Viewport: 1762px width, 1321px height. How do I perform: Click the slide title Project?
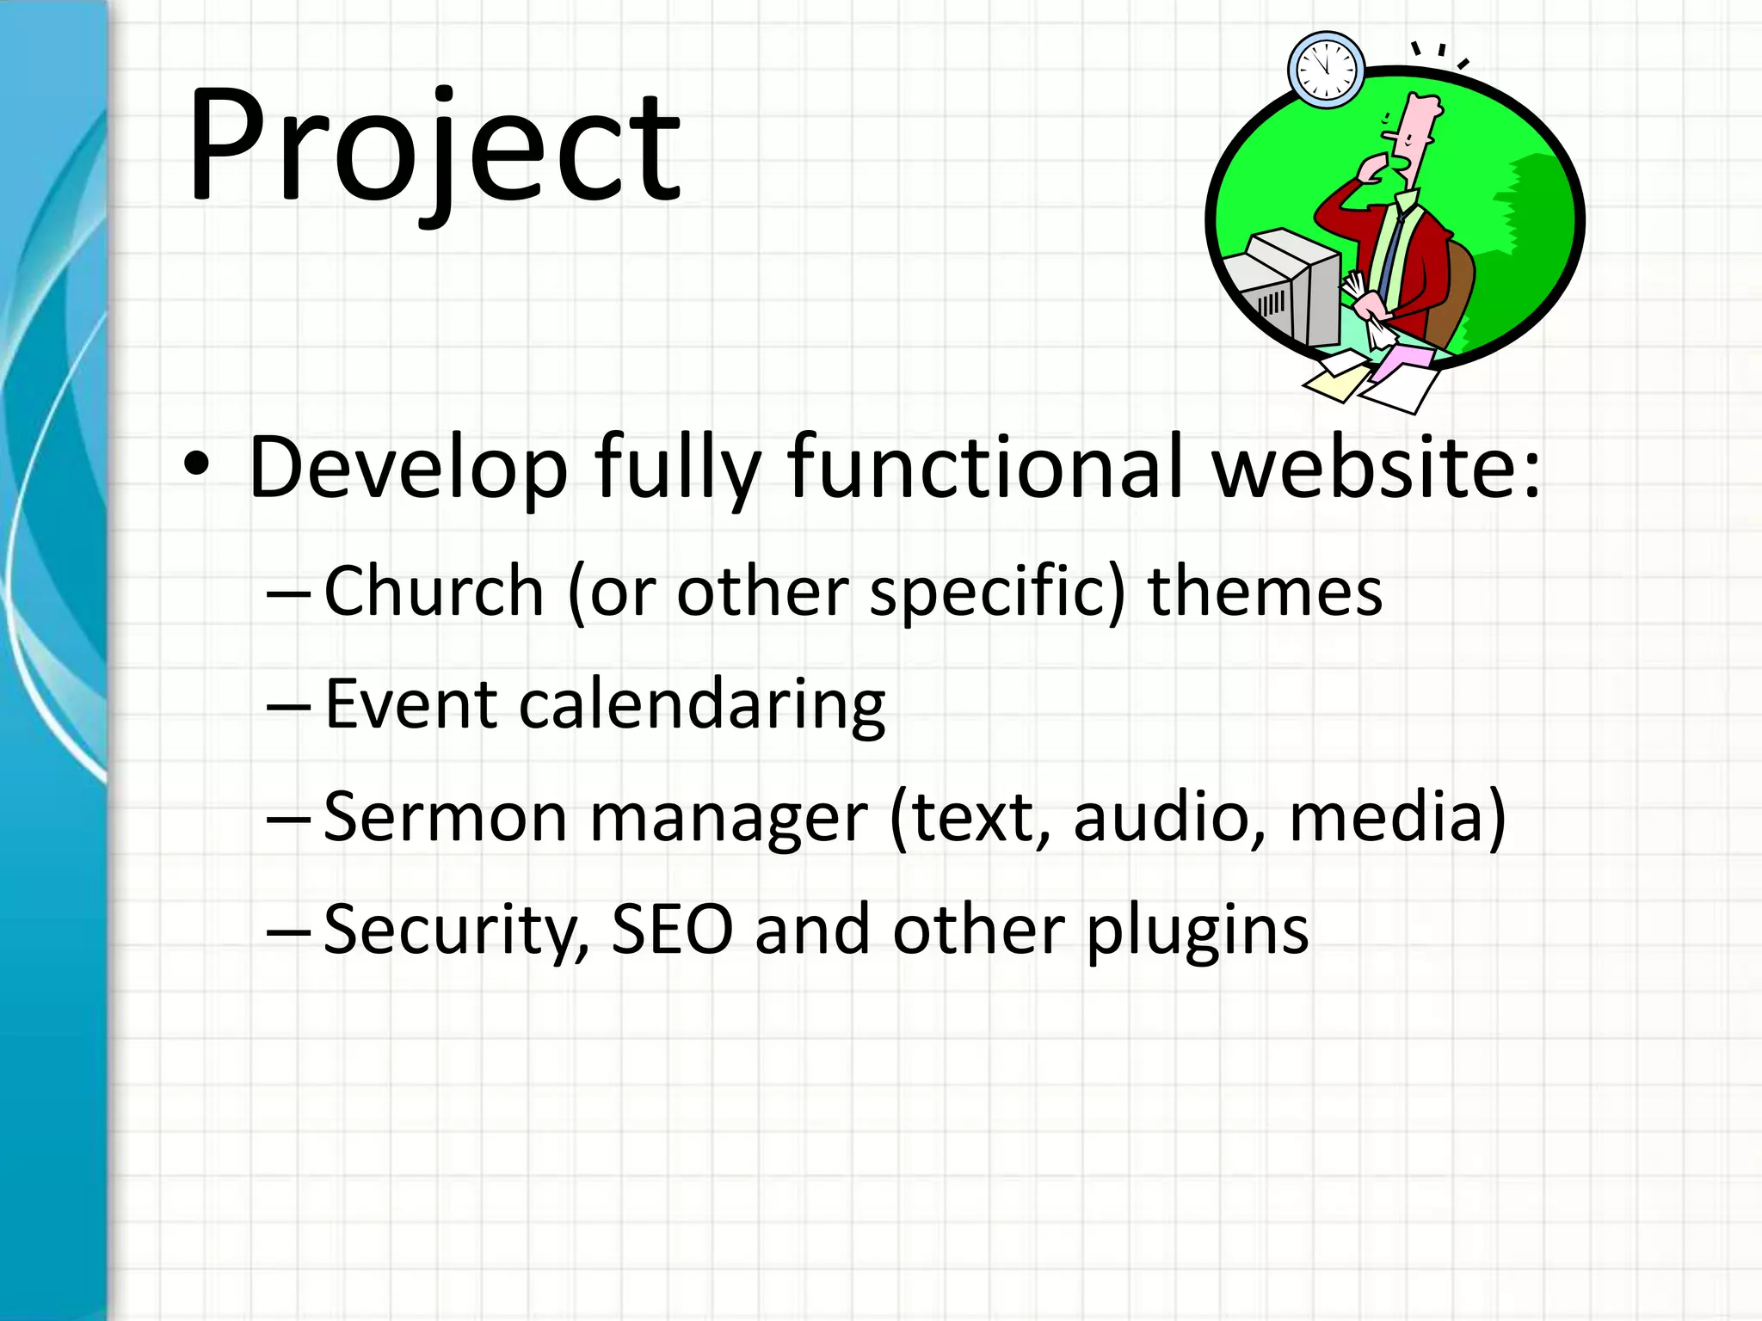click(434, 146)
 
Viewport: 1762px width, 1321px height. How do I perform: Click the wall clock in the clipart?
click(1326, 70)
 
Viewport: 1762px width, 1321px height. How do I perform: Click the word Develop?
click(408, 469)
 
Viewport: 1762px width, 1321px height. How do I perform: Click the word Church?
click(434, 591)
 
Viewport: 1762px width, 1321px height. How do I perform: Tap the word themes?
click(1265, 591)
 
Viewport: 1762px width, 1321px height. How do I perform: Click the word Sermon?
click(445, 817)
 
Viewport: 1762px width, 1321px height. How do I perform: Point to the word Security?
click(456, 931)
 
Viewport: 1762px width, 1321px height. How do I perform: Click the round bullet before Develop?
click(196, 464)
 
